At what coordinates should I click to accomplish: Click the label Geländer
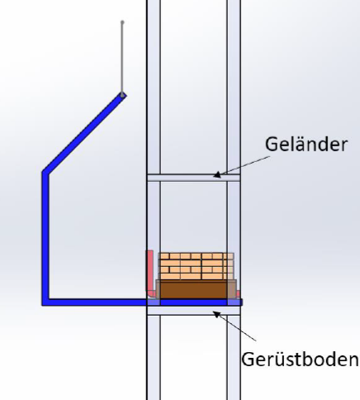coord(306,145)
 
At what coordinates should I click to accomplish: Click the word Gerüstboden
coord(301,360)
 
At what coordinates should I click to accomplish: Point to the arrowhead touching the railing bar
coord(217,174)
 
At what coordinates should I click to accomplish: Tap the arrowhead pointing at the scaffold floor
coord(217,315)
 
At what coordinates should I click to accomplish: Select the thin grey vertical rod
coord(122,59)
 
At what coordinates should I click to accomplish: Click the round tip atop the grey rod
coord(122,22)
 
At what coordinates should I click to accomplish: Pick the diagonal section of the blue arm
coord(84,133)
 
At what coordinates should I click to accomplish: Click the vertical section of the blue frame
coord(45,237)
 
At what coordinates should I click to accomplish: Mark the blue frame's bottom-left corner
coord(42,305)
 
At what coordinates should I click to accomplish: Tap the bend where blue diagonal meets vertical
coord(45,173)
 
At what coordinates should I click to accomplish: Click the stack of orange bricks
coord(197,266)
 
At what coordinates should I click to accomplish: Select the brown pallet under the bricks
coord(196,289)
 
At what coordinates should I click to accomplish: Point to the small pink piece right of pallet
coord(238,294)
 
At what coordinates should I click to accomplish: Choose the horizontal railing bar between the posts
coord(194,178)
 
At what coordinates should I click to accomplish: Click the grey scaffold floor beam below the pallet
coord(194,311)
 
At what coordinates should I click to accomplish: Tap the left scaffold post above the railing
coord(154,87)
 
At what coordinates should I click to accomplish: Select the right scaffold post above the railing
coord(234,87)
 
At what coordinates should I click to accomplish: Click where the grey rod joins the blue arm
coord(122,95)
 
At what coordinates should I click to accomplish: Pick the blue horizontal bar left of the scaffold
coord(95,302)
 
